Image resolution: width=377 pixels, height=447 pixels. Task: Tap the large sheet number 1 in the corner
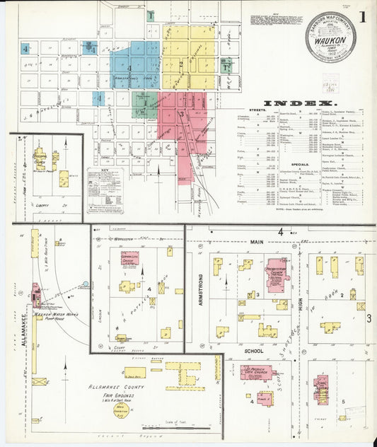362,16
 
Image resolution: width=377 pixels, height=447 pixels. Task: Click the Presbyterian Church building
276,272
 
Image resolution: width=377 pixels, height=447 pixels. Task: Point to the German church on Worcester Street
129,257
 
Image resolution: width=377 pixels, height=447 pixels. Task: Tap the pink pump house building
35,292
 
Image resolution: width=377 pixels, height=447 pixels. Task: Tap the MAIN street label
235,241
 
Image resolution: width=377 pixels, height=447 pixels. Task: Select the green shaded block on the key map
144,104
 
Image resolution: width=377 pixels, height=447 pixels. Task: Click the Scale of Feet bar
175,427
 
